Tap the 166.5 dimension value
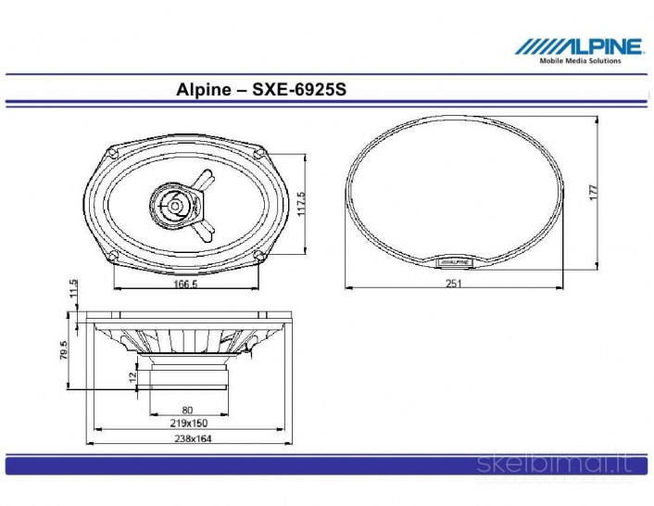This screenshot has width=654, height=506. (x=184, y=285)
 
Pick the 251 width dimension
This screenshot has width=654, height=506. (x=453, y=285)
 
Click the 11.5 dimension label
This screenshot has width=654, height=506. (x=73, y=290)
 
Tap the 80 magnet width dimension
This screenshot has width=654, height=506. (x=186, y=409)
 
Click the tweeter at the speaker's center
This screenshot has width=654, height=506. (x=174, y=202)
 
